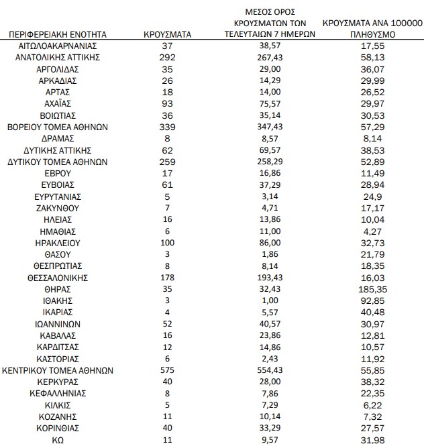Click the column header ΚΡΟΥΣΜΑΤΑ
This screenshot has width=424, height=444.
168,33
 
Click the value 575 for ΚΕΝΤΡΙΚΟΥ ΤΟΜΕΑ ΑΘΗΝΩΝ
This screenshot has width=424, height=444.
168,370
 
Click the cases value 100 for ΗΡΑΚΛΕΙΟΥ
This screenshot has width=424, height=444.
168,242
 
